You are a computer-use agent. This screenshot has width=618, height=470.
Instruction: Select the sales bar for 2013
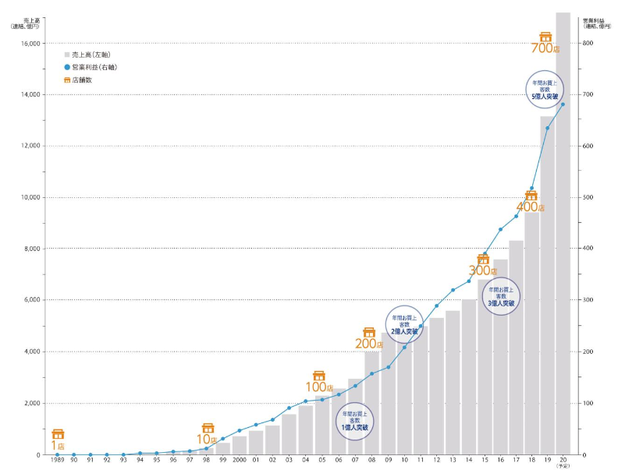[453, 382]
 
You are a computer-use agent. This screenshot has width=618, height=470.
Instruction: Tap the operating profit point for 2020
[563, 104]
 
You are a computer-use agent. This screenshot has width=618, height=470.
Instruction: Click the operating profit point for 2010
[404, 347]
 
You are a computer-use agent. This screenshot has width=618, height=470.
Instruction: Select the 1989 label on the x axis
[58, 461]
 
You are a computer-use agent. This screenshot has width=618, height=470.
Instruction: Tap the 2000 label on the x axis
[239, 461]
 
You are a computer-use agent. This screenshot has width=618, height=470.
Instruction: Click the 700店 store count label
[545, 48]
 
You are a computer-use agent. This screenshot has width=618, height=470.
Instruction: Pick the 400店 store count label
[531, 207]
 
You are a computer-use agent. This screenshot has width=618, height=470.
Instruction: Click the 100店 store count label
[319, 387]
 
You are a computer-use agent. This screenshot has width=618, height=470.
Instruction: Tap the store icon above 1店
[58, 434]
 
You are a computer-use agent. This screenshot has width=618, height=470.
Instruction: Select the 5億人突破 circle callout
[546, 89]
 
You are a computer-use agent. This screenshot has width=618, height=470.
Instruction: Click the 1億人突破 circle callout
[353, 420]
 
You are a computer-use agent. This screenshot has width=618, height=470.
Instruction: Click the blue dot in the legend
[67, 68]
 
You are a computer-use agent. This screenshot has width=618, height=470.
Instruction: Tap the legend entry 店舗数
[83, 80]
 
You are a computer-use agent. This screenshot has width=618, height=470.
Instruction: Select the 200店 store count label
[369, 344]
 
